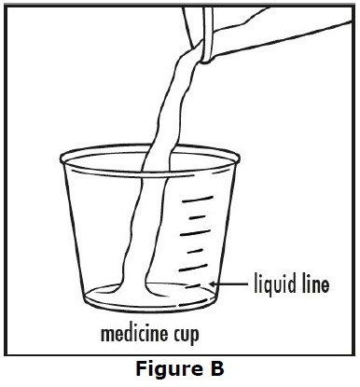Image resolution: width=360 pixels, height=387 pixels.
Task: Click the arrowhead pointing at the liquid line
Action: coord(215,283)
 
